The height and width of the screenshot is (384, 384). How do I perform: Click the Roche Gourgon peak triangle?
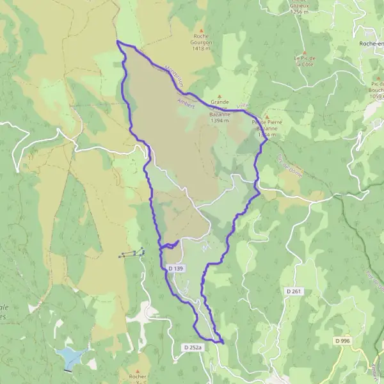[x=202, y=31]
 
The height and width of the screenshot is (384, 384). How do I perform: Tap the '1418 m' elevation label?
[x=202, y=48]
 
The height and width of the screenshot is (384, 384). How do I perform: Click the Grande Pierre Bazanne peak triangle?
[x=220, y=96]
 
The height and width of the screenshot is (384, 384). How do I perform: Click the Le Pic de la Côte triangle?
[x=305, y=52]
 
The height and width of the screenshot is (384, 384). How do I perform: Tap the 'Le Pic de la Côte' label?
[x=305, y=61]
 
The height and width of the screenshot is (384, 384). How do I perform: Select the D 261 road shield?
[x=293, y=291]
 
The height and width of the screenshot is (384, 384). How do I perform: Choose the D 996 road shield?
[x=342, y=341]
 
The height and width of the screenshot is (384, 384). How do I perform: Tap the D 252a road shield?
[x=192, y=348]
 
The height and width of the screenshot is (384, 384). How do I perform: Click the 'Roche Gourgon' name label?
[x=202, y=40]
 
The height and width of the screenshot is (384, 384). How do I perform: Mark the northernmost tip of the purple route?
[x=118, y=42]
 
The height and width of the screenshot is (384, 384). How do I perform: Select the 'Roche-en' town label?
[x=371, y=43]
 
